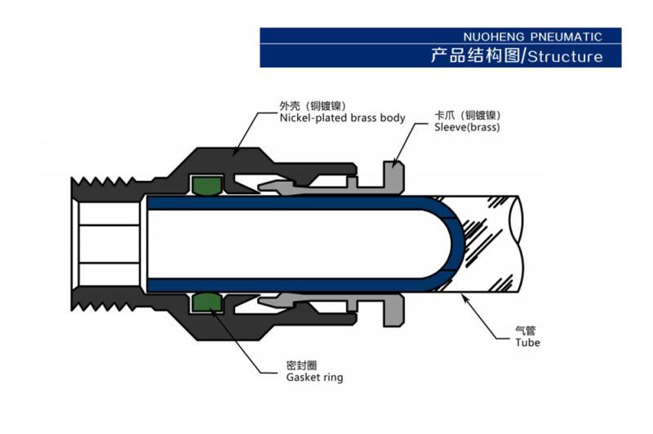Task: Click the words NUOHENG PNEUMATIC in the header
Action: (x=531, y=37)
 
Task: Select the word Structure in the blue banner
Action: (x=566, y=56)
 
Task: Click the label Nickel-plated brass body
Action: (x=342, y=118)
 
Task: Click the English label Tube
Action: (x=527, y=343)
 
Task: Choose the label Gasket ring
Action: (x=314, y=378)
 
